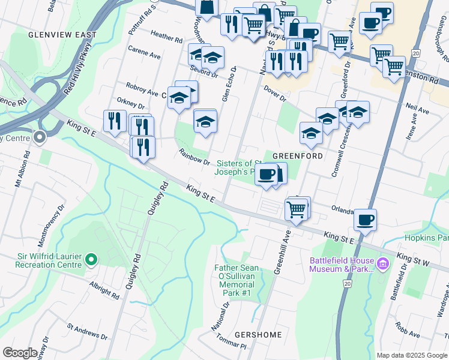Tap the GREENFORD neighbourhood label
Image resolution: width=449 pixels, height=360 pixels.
click(x=298, y=155)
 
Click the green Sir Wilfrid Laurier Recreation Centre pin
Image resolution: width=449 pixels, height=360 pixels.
click(x=91, y=259)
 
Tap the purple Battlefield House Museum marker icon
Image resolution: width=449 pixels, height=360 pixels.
click(x=382, y=263)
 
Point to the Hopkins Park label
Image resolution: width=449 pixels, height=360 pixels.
click(x=426, y=238)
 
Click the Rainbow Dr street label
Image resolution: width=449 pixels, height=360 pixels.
click(x=193, y=158)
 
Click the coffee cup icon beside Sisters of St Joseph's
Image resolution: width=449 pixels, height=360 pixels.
click(x=266, y=175)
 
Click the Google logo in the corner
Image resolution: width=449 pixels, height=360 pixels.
click(x=20, y=353)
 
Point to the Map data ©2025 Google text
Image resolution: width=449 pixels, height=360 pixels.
click(x=411, y=355)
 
